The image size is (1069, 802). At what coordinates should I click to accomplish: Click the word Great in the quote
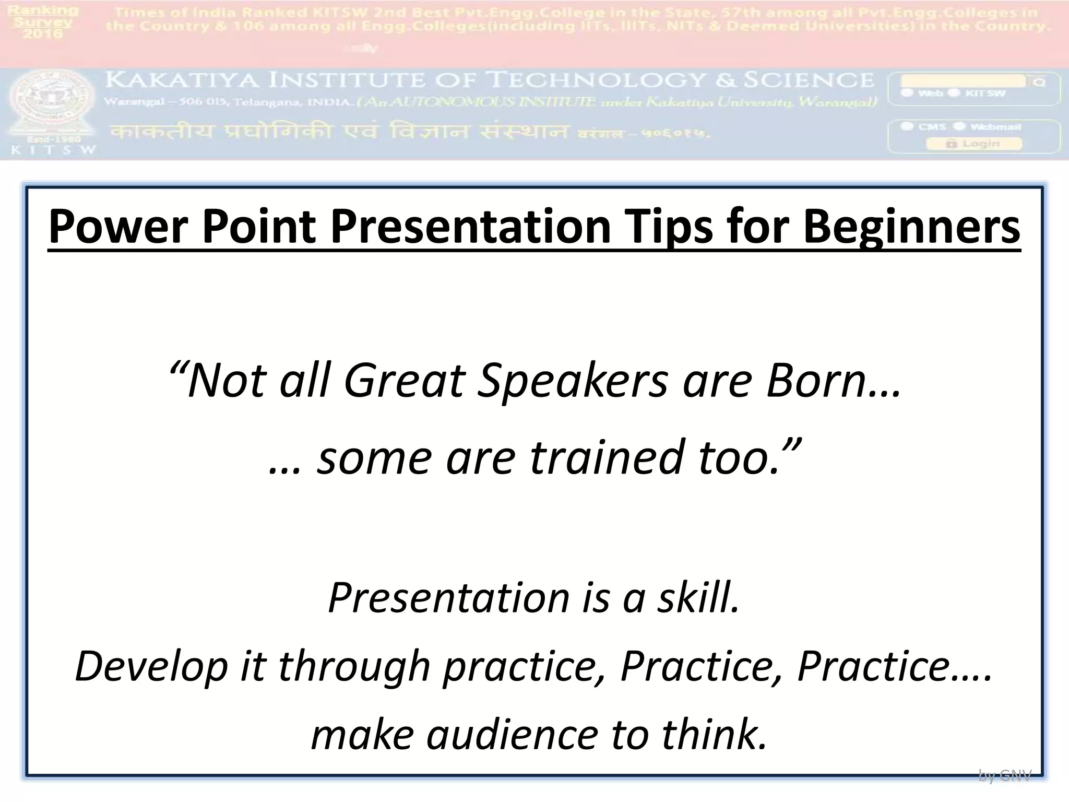pyautogui.click(x=405, y=381)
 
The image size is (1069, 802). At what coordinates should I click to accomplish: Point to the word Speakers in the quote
pyautogui.click(x=572, y=381)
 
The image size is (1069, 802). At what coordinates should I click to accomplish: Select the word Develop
pyautogui.click(x=151, y=666)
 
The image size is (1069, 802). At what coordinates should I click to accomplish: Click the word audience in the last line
pyautogui.click(x=512, y=734)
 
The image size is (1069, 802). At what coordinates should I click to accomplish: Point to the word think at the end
pyautogui.click(x=713, y=734)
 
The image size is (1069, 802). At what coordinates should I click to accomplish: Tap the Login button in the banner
pyautogui.click(x=973, y=144)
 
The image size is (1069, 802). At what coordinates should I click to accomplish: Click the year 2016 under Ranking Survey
pyautogui.click(x=43, y=34)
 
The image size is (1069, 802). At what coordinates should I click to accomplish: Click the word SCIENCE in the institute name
pyautogui.click(x=809, y=80)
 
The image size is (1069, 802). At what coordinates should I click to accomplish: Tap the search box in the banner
pyautogui.click(x=963, y=81)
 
